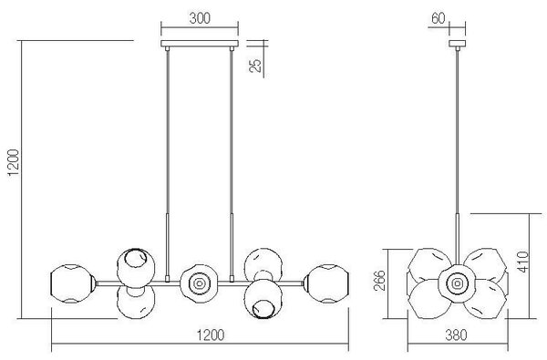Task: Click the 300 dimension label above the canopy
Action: tap(200, 18)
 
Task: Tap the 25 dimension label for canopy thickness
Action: tap(255, 66)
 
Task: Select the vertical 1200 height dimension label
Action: tap(14, 163)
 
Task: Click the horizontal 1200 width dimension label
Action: tap(211, 335)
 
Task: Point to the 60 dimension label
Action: tap(439, 18)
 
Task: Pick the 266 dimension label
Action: tap(379, 280)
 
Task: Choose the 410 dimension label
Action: tap(523, 262)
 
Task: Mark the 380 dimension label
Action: tap(457, 335)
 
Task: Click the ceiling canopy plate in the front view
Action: tap(200, 44)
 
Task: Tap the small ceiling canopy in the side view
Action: tap(457, 44)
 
